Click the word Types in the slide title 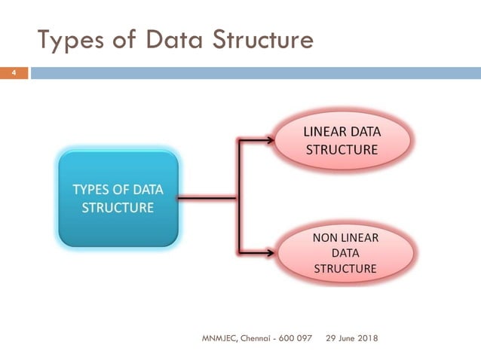click(71, 39)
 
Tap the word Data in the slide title click(167, 39)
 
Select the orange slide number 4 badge click(14, 73)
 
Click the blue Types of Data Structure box click(118, 198)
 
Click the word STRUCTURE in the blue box click(118, 206)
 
